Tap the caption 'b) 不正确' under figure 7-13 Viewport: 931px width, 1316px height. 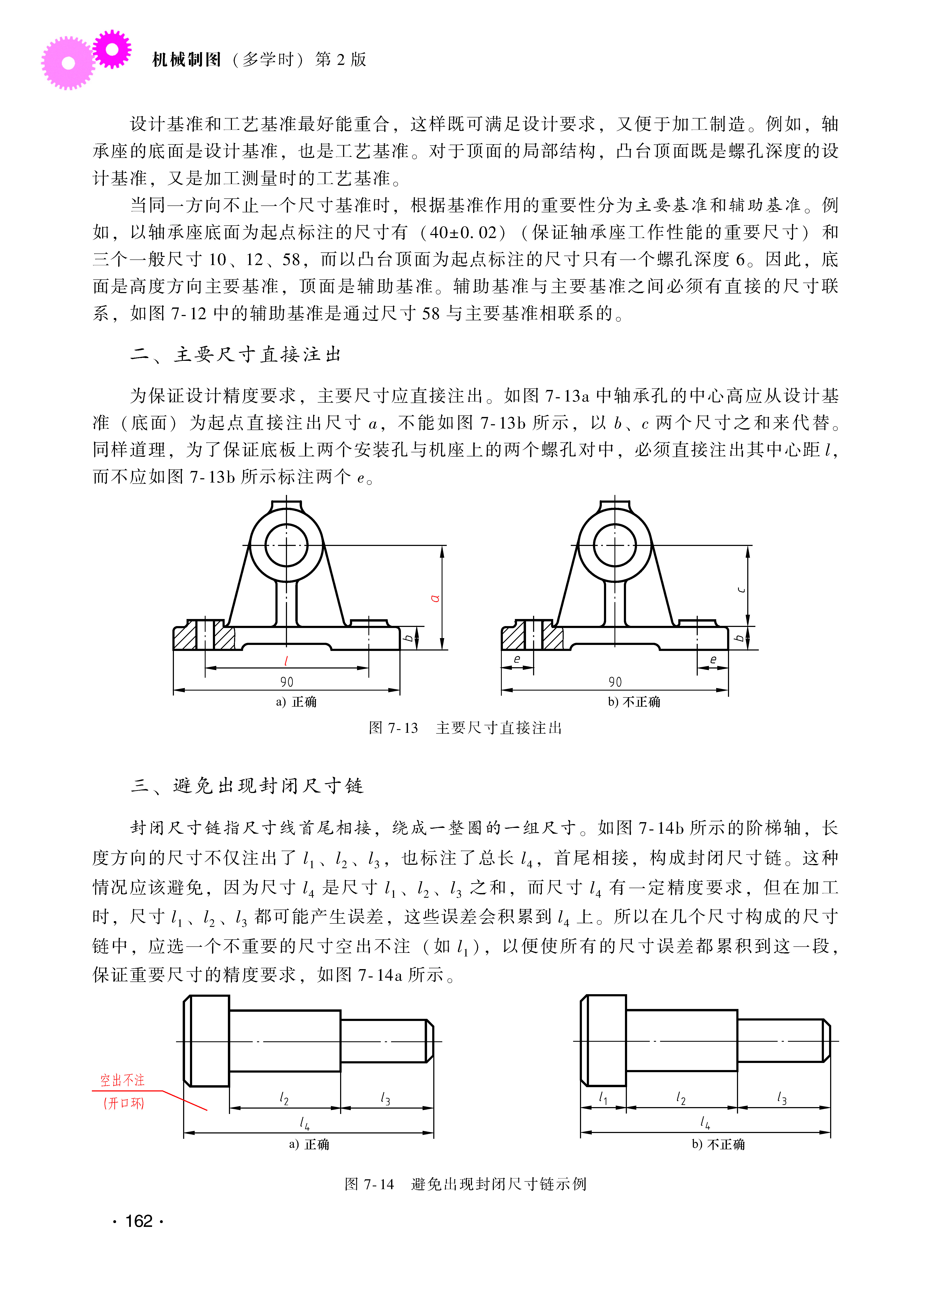pyautogui.click(x=634, y=702)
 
